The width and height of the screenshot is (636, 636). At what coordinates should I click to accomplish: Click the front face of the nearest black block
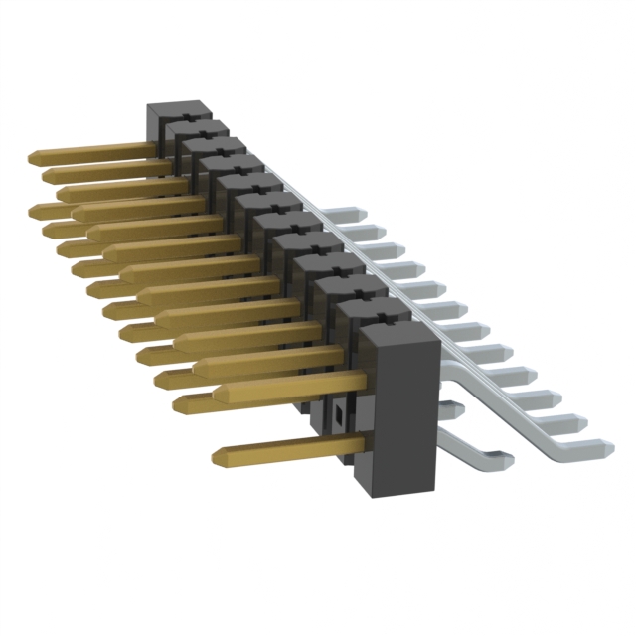(397, 417)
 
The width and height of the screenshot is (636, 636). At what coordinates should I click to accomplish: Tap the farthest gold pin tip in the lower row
(38, 210)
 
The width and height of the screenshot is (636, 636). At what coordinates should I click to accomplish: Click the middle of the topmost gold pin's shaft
(94, 151)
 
